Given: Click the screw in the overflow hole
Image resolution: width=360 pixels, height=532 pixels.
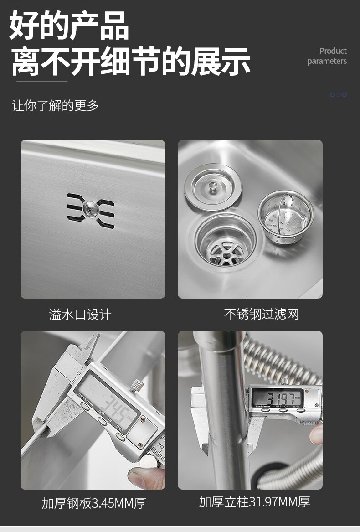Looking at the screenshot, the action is [91, 209].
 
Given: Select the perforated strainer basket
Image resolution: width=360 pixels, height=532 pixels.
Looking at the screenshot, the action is [286, 217].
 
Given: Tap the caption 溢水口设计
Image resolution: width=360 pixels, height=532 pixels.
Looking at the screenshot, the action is [80, 315].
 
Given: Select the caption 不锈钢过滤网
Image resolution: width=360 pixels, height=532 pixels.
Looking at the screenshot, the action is [261, 314].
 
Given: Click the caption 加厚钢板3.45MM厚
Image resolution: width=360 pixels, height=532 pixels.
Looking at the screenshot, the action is [94, 503].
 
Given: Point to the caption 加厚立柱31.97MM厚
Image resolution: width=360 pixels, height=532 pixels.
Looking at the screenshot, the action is [254, 502].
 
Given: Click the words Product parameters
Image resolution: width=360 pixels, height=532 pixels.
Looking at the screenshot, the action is [327, 56].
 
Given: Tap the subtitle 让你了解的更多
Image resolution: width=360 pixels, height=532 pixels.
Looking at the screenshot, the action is [55, 105].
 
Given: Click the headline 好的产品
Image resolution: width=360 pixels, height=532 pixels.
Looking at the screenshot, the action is [69, 26].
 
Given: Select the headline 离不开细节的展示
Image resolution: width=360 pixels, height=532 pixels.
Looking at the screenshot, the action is [131, 62].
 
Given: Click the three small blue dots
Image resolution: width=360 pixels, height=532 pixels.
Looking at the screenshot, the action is [339, 95].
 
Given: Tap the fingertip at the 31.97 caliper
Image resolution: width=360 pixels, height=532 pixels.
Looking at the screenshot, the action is [316, 434].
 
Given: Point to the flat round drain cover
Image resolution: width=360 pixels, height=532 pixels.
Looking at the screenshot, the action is [213, 187].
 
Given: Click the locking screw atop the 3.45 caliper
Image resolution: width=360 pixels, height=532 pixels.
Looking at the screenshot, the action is [138, 385].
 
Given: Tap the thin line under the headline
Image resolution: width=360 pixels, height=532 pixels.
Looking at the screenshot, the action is [42, 82].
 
